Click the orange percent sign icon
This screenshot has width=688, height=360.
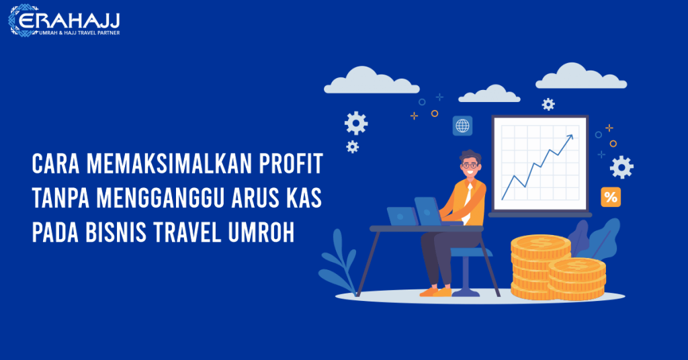point(610,197)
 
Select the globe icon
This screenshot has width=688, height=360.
point(462,125)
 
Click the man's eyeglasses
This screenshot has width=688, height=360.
point(470,165)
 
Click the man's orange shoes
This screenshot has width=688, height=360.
point(435,291)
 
